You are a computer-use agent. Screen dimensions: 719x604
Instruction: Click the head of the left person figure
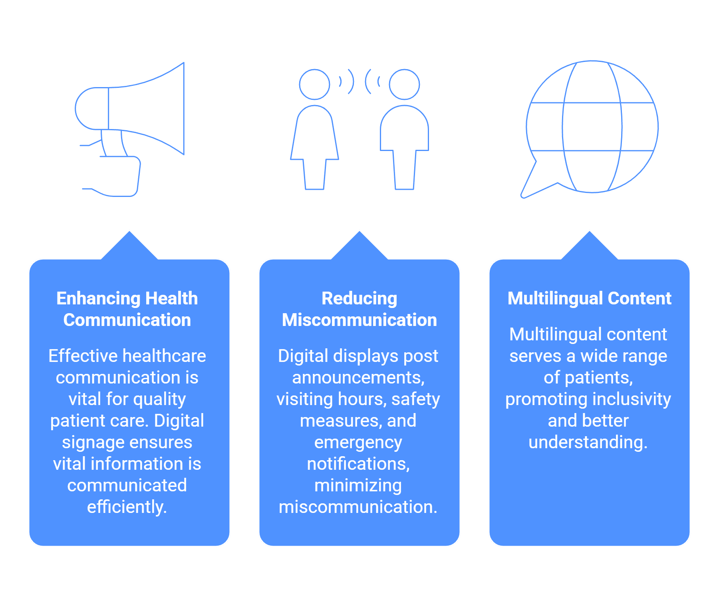pos(314,84)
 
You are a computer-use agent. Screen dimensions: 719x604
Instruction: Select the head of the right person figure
pos(404,84)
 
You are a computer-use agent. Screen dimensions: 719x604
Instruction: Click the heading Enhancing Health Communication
pos(127,309)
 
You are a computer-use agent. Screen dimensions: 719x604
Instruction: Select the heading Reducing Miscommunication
pos(359,309)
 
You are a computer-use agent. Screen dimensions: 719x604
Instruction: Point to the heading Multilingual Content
pos(590,298)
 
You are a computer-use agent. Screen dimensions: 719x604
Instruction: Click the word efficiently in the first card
pos(127,507)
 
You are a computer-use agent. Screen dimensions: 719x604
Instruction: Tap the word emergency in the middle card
pos(358,443)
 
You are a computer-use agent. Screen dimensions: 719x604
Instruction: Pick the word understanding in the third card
pos(588,443)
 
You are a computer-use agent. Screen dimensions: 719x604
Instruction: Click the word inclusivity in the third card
pos(632,399)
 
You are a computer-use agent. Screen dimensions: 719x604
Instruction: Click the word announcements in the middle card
pos(358,377)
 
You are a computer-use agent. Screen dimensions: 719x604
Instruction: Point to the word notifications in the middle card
pos(358,464)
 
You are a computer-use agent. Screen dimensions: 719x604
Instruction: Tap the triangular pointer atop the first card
pos(129,246)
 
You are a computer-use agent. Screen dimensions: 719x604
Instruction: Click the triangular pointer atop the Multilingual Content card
pos(590,246)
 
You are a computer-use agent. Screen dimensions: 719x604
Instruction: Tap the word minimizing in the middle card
pos(358,486)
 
